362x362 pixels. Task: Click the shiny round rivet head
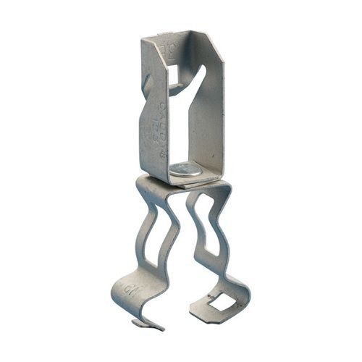[185, 170]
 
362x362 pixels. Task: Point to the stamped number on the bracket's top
[172, 50]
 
